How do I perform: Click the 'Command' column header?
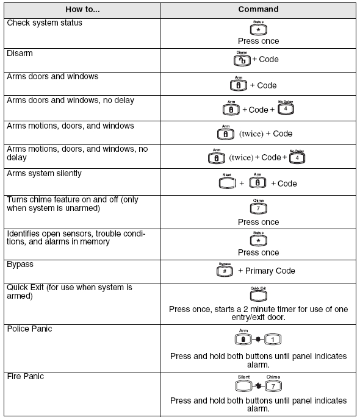coord(258,9)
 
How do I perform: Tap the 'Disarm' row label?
coord(20,53)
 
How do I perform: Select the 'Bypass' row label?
coord(20,265)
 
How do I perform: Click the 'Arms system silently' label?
coord(44,174)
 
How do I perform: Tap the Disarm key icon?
coord(242,60)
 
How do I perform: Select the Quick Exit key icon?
coord(258,296)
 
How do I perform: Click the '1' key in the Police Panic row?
coord(272,339)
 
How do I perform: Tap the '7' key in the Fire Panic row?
coord(273,386)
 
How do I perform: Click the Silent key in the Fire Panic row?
coord(243,386)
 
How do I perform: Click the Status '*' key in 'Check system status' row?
coord(258,30)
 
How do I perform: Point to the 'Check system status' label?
coord(44,23)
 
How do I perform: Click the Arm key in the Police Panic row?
coord(243,339)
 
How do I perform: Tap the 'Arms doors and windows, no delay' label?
coord(70,100)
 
